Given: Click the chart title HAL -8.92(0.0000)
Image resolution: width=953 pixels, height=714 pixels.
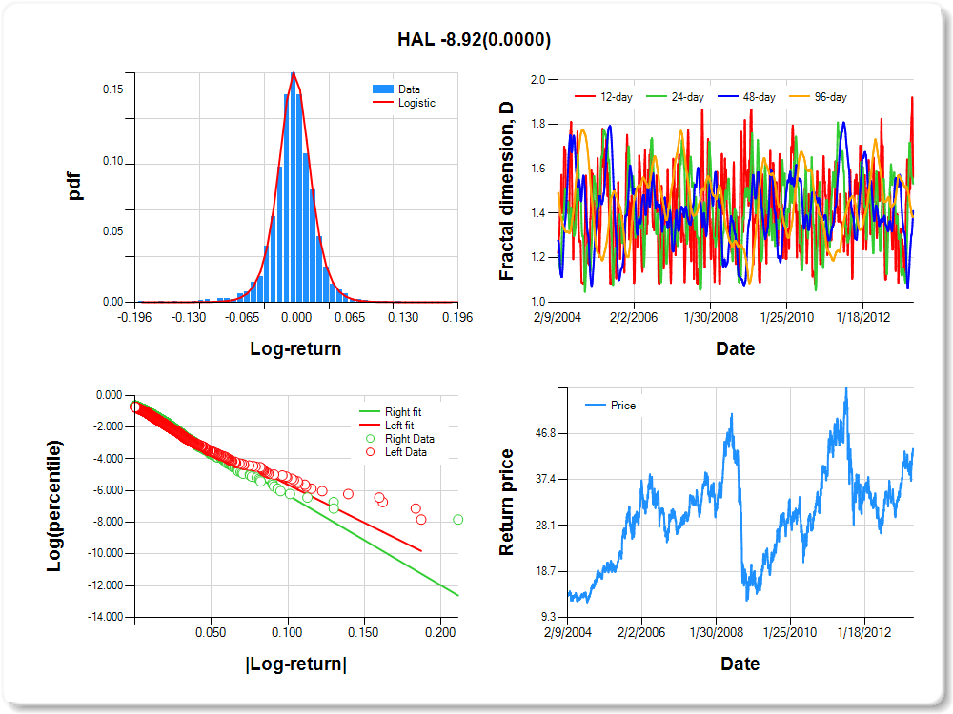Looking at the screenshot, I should click(474, 40).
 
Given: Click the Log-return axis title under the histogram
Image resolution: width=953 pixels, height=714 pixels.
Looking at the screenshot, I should click(295, 348).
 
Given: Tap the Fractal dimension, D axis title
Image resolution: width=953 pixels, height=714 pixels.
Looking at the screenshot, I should click(507, 191).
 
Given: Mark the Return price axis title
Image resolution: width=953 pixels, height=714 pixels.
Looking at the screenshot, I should click(507, 502).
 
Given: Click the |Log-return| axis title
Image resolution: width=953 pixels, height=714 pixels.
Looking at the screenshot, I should click(295, 664).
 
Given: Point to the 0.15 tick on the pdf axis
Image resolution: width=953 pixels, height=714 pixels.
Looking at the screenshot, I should click(112, 90).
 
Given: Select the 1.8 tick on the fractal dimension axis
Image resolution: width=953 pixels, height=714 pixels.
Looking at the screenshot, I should click(537, 125).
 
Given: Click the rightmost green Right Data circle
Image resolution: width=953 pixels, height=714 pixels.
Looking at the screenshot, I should click(458, 520).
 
